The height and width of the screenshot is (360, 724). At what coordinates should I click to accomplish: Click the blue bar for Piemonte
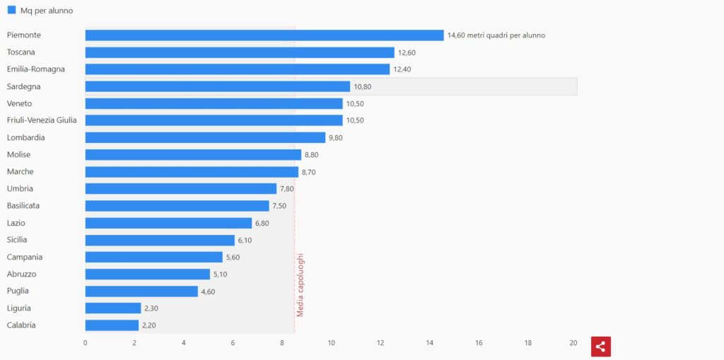pyautogui.click(x=264, y=35)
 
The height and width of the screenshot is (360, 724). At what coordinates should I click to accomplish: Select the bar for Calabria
pyautogui.click(x=112, y=325)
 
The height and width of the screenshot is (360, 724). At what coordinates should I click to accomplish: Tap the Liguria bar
pyautogui.click(x=113, y=308)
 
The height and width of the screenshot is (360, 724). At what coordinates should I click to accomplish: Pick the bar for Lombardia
pyautogui.click(x=205, y=137)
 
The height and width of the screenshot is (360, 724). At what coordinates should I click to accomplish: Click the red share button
pyautogui.click(x=600, y=347)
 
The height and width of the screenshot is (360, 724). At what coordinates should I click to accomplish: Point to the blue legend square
pyautogui.click(x=11, y=11)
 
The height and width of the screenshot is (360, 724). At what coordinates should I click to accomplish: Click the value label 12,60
pyautogui.click(x=407, y=52)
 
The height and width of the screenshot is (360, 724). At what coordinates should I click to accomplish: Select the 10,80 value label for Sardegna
pyautogui.click(x=362, y=86)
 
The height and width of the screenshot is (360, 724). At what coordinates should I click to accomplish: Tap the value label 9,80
pyautogui.click(x=335, y=138)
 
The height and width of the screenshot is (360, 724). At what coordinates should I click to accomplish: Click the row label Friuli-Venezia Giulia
pyautogui.click(x=42, y=120)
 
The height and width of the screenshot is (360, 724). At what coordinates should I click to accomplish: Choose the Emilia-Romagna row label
pyautogui.click(x=35, y=69)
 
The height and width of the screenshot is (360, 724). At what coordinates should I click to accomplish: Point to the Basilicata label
pyautogui.click(x=23, y=206)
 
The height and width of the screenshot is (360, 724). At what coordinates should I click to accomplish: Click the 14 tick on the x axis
pyautogui.click(x=429, y=343)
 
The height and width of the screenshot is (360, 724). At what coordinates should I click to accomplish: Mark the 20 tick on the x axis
pyautogui.click(x=573, y=343)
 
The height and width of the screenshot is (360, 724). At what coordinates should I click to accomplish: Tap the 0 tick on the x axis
pyautogui.click(x=86, y=343)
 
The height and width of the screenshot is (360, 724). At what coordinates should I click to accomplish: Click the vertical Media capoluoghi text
pyautogui.click(x=300, y=284)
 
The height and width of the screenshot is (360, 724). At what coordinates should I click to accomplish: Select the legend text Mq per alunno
pyautogui.click(x=47, y=11)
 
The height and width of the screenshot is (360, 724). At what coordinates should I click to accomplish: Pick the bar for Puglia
pyautogui.click(x=141, y=291)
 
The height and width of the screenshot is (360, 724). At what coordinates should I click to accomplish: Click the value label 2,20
pyautogui.click(x=150, y=325)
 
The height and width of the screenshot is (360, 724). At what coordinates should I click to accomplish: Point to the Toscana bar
pyautogui.click(x=240, y=52)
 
